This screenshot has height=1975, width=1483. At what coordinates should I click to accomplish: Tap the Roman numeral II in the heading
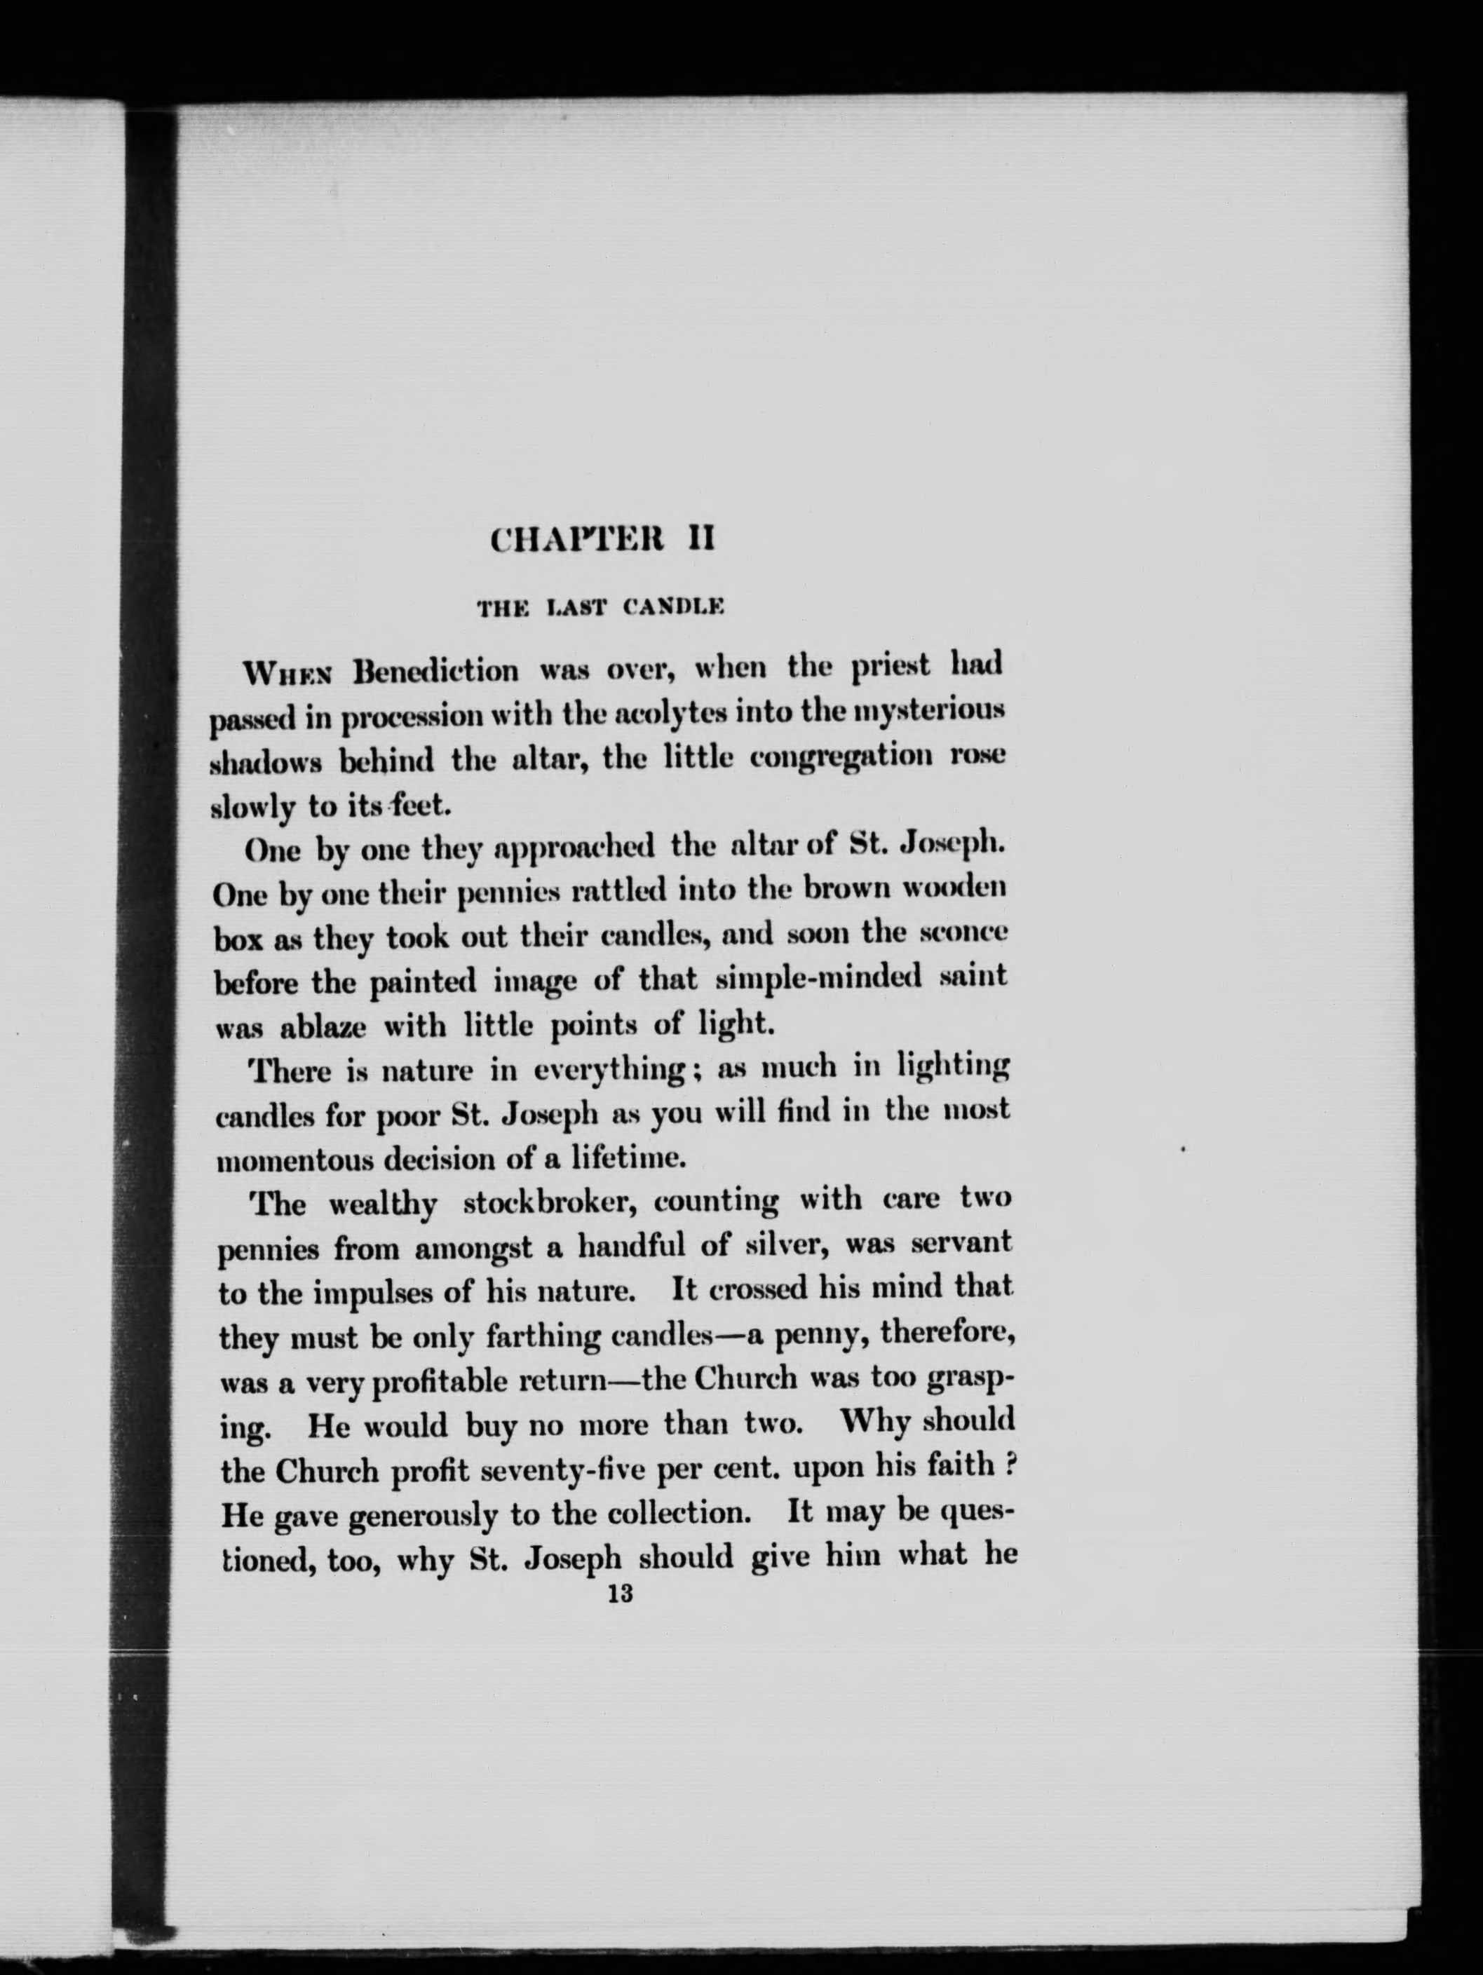(698, 540)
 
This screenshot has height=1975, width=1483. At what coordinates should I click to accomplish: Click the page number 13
(618, 1594)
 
